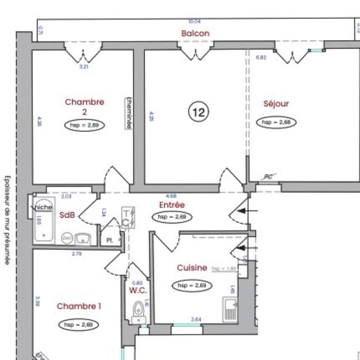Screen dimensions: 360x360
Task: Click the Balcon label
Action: pyautogui.click(x=195, y=33)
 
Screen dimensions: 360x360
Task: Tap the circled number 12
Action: pyautogui.click(x=198, y=113)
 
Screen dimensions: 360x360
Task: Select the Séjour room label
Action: pyautogui.click(x=276, y=104)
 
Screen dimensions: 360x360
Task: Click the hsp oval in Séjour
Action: pyautogui.click(x=276, y=122)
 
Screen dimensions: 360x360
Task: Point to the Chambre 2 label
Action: pyautogui.click(x=85, y=107)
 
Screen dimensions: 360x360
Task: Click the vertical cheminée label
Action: pyautogui.click(x=128, y=113)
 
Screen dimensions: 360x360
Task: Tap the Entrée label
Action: pyautogui.click(x=172, y=205)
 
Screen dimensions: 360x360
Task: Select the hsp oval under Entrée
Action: pyautogui.click(x=172, y=217)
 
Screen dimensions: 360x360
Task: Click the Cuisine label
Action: pyautogui.click(x=192, y=268)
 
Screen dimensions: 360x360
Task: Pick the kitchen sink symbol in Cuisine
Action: pyautogui.click(x=230, y=309)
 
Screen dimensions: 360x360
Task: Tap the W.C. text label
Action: pyautogui.click(x=138, y=291)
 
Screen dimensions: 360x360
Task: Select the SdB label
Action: pyautogui.click(x=67, y=215)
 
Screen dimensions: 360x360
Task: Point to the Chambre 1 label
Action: pyautogui.click(x=79, y=306)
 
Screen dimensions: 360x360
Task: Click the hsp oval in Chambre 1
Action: pyautogui.click(x=78, y=325)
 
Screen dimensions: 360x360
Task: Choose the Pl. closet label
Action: pyautogui.click(x=110, y=240)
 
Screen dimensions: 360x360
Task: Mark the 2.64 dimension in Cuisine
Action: pyautogui.click(x=196, y=319)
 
